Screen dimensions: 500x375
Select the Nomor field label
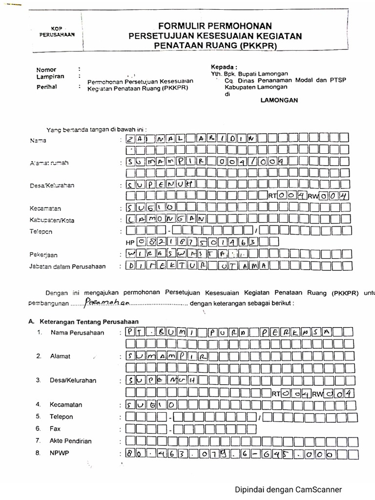[46, 70]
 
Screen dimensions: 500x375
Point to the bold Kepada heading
[224, 67]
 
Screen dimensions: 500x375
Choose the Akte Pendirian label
[70, 441]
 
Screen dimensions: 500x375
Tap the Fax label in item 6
[55, 429]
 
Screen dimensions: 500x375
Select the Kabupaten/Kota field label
[52, 220]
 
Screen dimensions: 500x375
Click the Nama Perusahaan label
[77, 333]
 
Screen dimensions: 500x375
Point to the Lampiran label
[50, 77]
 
